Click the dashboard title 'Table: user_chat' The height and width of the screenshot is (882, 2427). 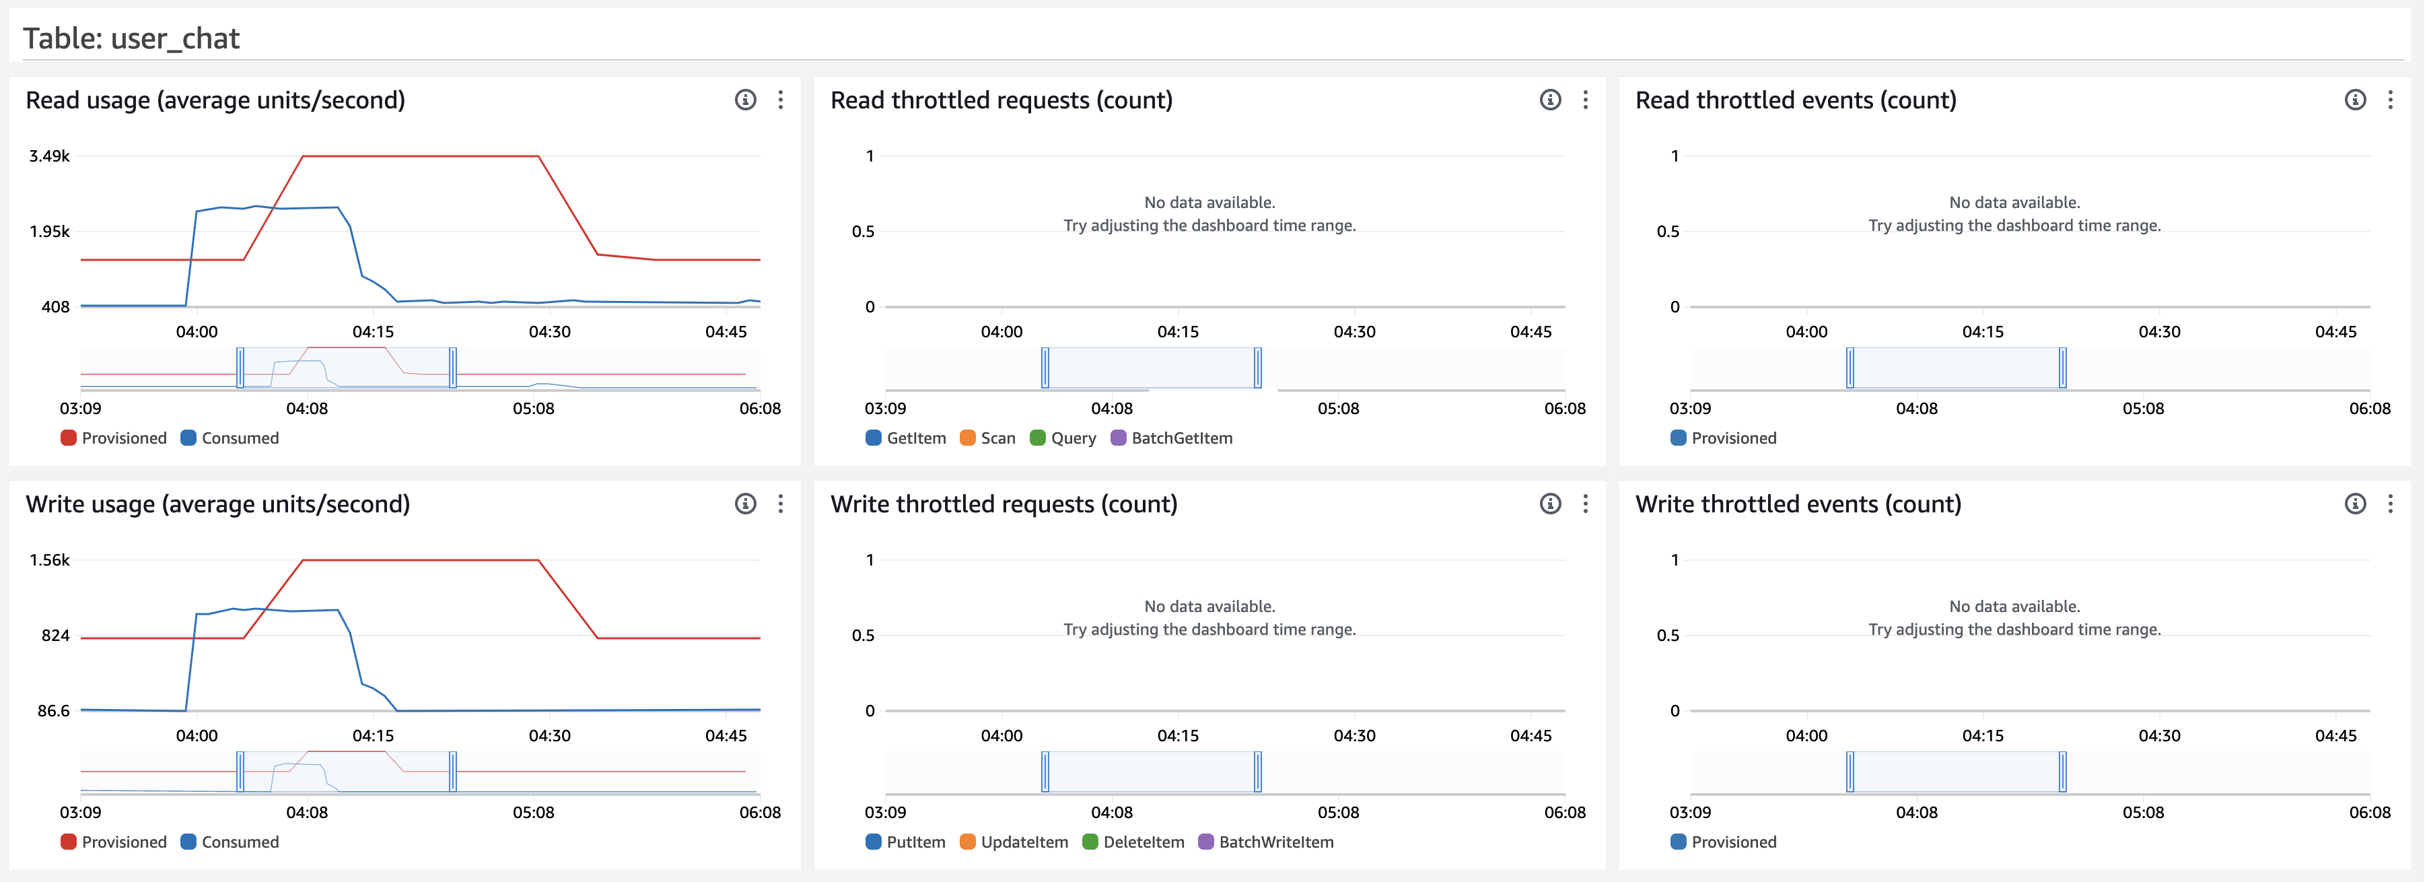131,38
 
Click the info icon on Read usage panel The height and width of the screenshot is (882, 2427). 745,100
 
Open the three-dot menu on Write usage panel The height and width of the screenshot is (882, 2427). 781,504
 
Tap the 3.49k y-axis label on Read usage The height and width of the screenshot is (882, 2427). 49,156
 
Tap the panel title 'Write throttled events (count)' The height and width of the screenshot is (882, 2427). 1798,505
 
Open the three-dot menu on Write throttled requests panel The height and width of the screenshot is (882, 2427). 1586,504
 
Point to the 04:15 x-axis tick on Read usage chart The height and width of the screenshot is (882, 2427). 373,332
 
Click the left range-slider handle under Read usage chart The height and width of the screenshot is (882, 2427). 240,368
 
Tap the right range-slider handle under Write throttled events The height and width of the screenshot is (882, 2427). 2062,772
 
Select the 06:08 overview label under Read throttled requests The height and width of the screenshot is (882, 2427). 1564,409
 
